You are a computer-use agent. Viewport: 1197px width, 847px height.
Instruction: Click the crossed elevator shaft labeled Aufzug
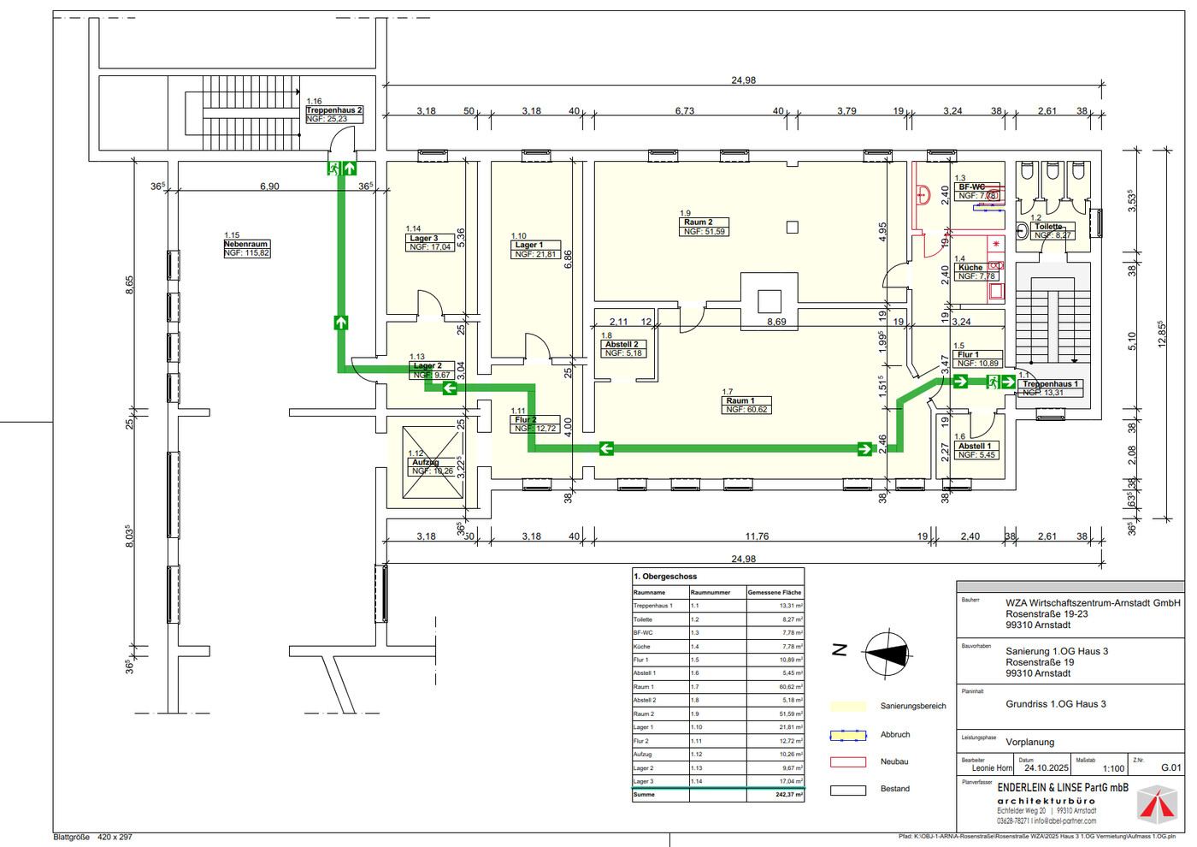point(433,462)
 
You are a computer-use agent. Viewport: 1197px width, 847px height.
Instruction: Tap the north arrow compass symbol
point(886,654)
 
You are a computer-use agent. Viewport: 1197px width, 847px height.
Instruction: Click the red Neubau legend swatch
point(847,761)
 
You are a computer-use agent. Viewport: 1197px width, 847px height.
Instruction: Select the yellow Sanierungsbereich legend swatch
point(847,707)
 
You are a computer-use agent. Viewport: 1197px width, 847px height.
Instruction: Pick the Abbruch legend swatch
point(847,735)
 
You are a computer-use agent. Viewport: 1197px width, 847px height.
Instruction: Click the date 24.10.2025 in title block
point(1046,768)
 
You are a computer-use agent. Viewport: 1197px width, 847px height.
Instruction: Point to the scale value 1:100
point(1112,769)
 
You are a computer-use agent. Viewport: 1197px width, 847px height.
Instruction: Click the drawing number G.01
point(1170,768)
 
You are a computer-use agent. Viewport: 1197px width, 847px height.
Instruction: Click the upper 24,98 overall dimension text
point(743,80)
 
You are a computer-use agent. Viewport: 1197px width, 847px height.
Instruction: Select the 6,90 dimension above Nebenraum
point(269,187)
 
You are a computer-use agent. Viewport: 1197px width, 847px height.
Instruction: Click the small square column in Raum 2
point(792,228)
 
